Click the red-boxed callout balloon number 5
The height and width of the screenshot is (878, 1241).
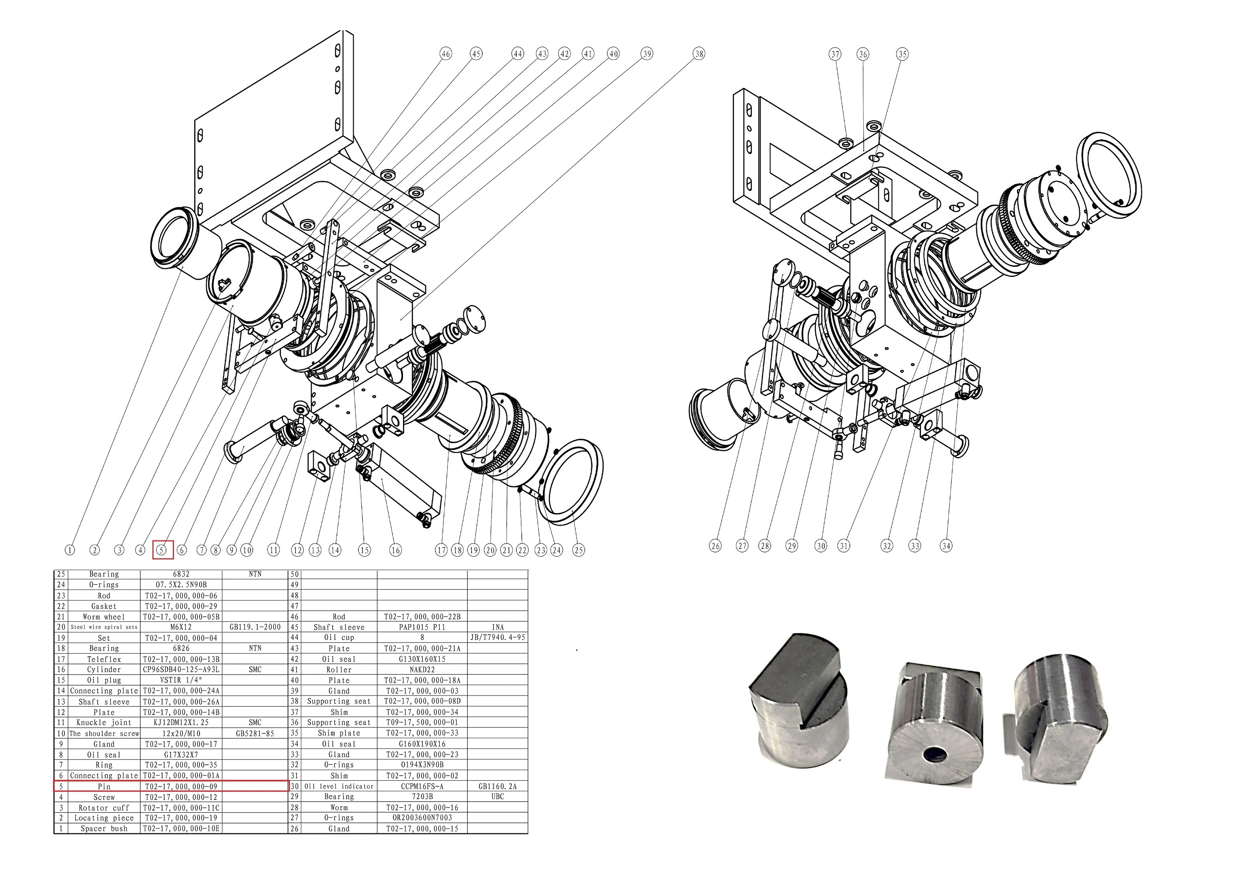(x=162, y=550)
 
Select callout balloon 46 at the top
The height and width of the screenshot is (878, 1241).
(x=446, y=54)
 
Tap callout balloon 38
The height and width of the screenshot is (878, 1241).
(x=699, y=54)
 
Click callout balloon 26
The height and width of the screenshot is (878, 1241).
(x=715, y=546)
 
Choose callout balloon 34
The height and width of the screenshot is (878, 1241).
(x=946, y=546)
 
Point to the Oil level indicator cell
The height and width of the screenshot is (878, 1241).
(x=339, y=787)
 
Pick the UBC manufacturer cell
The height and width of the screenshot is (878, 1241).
(x=497, y=797)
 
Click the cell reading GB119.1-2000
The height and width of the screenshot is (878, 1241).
(x=255, y=627)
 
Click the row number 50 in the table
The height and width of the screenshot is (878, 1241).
(x=295, y=574)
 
